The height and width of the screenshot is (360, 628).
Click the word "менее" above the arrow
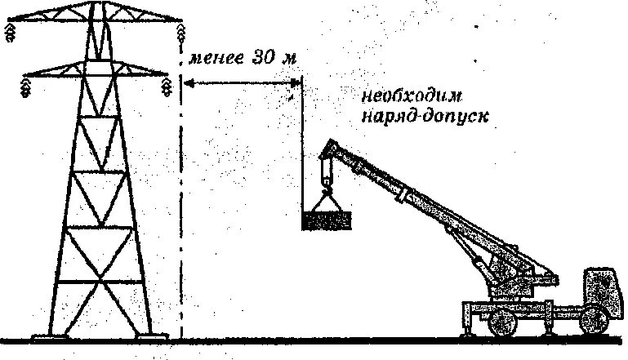215,60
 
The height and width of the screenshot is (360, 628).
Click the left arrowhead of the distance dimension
186,82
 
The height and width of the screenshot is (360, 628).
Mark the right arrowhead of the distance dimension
296,82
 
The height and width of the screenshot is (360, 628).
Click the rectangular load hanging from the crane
327,220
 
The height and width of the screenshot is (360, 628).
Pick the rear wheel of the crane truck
500,324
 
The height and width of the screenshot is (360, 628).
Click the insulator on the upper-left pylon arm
11,31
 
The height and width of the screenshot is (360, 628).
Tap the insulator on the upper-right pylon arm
179,31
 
